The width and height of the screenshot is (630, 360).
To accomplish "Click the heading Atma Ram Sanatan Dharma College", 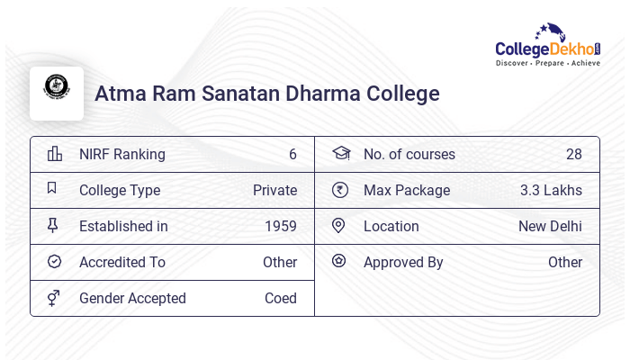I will pos(266,94).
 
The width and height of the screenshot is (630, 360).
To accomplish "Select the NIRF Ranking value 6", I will pos(292,154).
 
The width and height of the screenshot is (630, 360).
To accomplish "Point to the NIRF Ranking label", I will pos(122,154).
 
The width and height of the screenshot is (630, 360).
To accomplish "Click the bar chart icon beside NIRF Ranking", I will pos(54,153).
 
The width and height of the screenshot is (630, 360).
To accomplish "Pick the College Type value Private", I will pos(274,190).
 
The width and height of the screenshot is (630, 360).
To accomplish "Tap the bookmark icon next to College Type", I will pos(52,189).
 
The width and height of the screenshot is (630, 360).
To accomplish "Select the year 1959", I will pos(281,226).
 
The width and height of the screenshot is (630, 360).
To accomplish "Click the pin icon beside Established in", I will pos(53,226).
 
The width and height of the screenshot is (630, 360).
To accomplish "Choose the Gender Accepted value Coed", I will pos(281,298).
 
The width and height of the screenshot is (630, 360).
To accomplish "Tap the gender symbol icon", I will pos(54,297).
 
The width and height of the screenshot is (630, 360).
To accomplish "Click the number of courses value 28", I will pos(574,154).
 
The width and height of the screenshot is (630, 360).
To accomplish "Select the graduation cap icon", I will pos(340,153).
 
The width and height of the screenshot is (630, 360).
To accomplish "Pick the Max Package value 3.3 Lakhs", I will pos(551,190).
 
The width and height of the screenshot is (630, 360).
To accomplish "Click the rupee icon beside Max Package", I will pos(339,190).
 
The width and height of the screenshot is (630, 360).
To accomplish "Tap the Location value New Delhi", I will pos(550,226).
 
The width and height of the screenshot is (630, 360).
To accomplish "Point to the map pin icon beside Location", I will pos(338,226).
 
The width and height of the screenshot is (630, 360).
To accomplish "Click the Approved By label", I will pos(403,262).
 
